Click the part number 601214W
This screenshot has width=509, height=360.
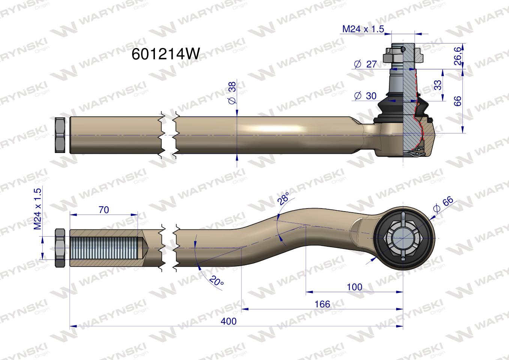[166, 54]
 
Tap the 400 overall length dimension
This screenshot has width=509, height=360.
[228, 321]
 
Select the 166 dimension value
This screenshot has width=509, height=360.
[323, 304]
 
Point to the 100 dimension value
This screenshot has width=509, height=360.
[354, 287]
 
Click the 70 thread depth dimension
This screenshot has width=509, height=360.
[104, 210]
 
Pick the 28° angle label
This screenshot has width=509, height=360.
[283, 198]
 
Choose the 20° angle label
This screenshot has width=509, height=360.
[216, 281]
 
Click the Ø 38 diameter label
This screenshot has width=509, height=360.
[232, 93]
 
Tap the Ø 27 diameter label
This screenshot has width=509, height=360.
[366, 64]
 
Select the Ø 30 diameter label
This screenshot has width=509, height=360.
[365, 96]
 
